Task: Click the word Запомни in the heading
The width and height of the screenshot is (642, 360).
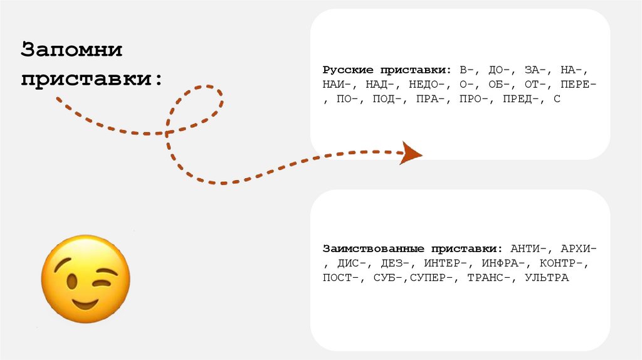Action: pos(71,50)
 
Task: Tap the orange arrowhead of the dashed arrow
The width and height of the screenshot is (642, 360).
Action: pos(411,152)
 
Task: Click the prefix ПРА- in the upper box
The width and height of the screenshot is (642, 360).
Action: pos(429,99)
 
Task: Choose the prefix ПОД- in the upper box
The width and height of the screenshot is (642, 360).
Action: pos(386,99)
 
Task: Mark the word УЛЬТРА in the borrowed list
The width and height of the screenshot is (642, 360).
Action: pos(546,278)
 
